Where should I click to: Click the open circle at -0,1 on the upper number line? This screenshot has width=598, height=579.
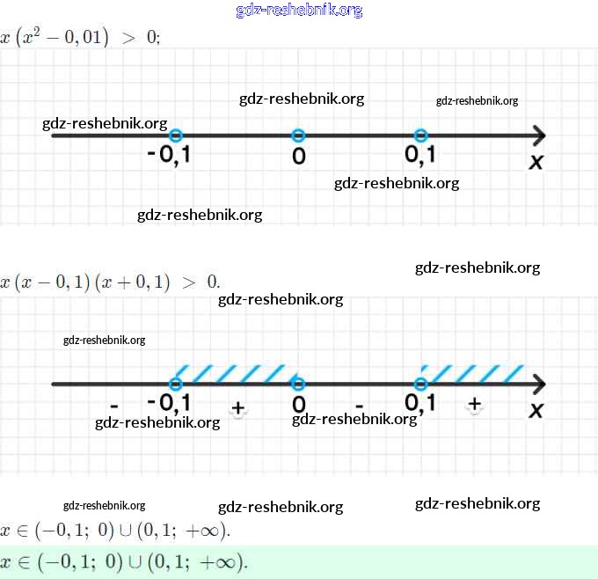point(176,136)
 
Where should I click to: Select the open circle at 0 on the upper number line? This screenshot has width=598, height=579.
point(298,136)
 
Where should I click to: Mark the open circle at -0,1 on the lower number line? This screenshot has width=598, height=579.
point(176,384)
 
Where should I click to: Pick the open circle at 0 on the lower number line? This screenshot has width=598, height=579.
point(298,384)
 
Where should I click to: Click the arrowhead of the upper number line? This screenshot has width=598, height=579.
point(538,136)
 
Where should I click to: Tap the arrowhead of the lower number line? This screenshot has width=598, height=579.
point(538,384)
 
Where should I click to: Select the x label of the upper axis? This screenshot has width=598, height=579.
point(536,162)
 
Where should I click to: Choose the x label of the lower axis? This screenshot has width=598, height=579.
point(536,410)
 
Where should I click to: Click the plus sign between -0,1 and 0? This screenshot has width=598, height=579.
point(237,408)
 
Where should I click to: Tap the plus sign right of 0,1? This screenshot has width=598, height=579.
point(475,404)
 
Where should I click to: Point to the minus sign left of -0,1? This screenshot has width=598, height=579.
point(114,406)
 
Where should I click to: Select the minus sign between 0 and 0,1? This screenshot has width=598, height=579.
point(359,406)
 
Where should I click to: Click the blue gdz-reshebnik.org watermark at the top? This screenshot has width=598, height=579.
point(299,11)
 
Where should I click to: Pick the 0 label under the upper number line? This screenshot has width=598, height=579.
point(299,158)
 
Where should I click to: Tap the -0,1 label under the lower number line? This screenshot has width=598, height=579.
point(170,403)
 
